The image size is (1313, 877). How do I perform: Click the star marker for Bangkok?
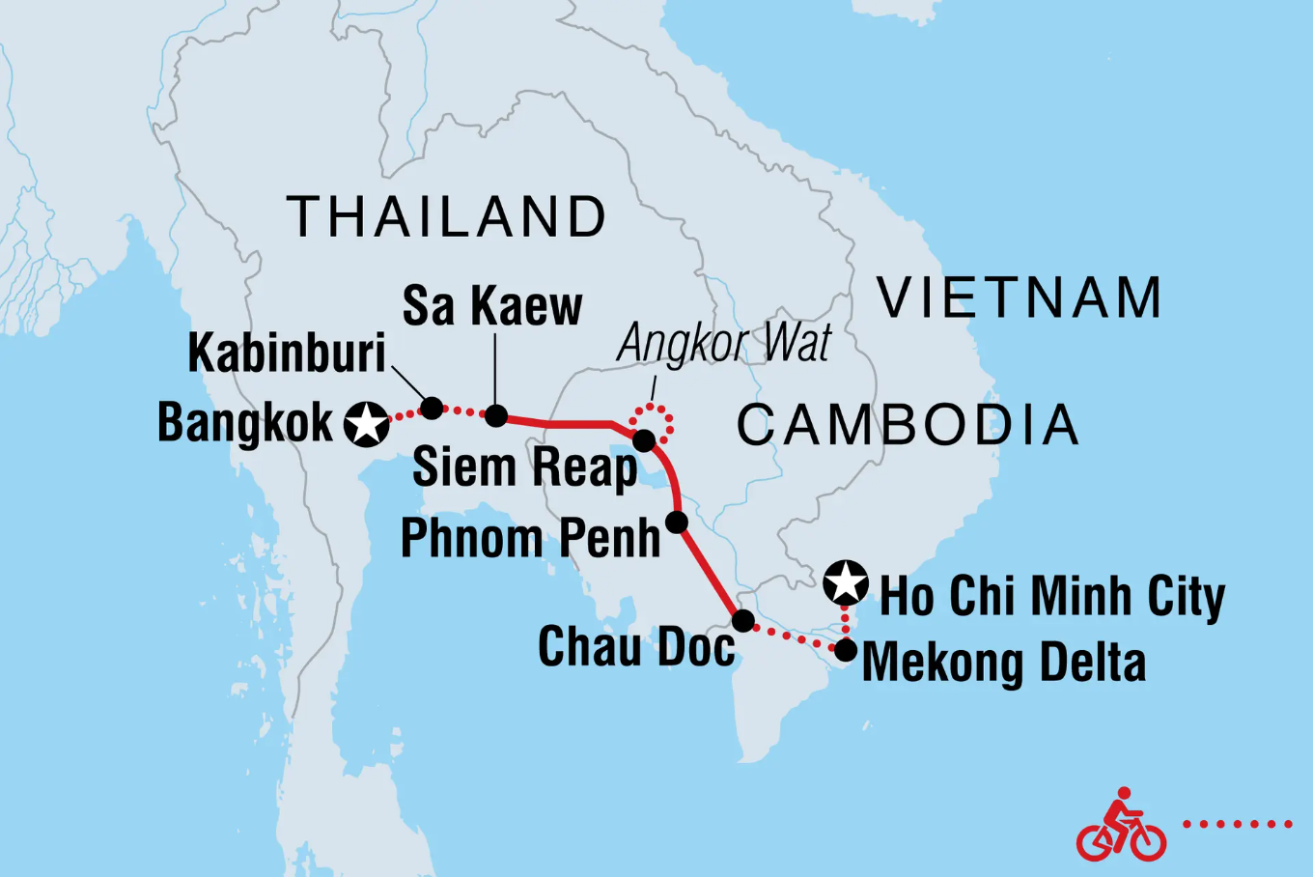pyautogui.click(x=367, y=424)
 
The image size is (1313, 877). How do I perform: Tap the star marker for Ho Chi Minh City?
pyautogui.click(x=847, y=582)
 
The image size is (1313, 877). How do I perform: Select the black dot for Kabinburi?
pyautogui.click(x=432, y=408)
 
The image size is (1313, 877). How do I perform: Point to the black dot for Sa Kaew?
pyautogui.click(x=495, y=415)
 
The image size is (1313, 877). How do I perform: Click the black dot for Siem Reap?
pyautogui.click(x=644, y=440)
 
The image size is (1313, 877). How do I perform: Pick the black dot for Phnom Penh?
pyautogui.click(x=677, y=523)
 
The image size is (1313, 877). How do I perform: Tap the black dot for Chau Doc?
pyautogui.click(x=742, y=620)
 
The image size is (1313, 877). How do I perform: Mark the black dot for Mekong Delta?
pyautogui.click(x=845, y=651)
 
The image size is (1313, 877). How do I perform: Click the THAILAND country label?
pyautogui.click(x=447, y=216)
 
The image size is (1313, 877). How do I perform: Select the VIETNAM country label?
pyautogui.click(x=1020, y=297)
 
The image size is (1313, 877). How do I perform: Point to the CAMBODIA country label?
pyautogui.click(x=908, y=425)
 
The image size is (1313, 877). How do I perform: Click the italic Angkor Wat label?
pyautogui.click(x=723, y=343)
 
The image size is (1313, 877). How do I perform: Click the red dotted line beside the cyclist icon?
pyautogui.click(x=1238, y=824)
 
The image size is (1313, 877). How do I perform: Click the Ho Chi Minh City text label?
pyautogui.click(x=1051, y=596)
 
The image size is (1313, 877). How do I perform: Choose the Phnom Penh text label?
pyautogui.click(x=530, y=538)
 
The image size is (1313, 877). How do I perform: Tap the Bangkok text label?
pyautogui.click(x=245, y=423)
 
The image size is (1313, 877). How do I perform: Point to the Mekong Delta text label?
pyautogui.click(x=1004, y=663)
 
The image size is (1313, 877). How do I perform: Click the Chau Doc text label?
pyautogui.click(x=636, y=646)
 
